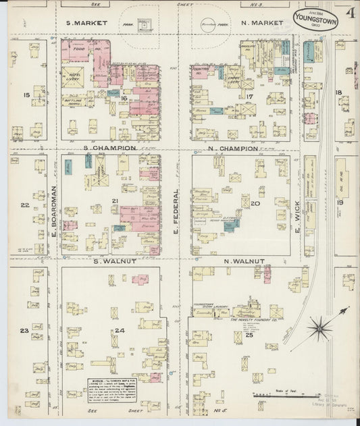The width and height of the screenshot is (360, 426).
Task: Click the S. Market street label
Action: click(88, 23)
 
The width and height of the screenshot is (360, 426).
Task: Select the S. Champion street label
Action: click(110, 147)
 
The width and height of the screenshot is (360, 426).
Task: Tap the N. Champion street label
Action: click(232, 148)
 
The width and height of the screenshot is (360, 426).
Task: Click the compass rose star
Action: click(318, 330)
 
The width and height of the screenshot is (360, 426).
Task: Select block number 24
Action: click(120, 329)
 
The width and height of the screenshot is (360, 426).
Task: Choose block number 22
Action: click(24, 205)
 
